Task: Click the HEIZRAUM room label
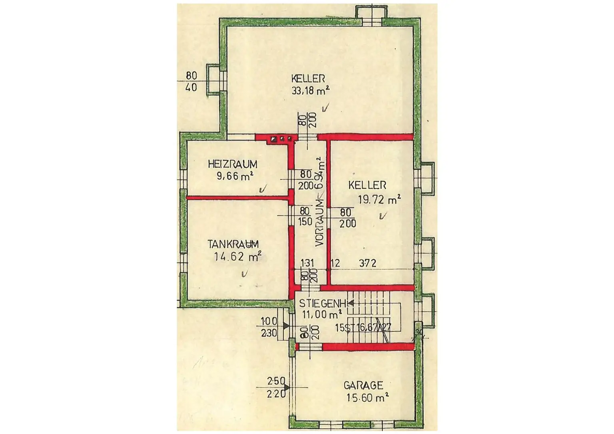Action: (232, 164)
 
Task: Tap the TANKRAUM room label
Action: (233, 244)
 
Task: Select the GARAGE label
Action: (363, 386)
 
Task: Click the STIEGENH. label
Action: (323, 303)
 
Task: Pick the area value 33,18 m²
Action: (310, 91)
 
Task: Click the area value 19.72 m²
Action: (379, 199)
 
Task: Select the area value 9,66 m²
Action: (235, 176)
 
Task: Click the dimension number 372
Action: (367, 263)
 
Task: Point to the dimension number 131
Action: (307, 263)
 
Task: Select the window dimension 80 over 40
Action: (191, 81)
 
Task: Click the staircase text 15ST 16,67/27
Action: (363, 328)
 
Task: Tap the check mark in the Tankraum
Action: (244, 274)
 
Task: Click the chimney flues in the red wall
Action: (281, 139)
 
